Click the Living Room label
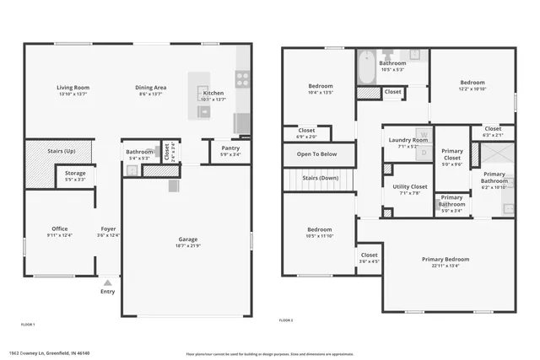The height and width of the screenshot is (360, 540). tap(73, 88)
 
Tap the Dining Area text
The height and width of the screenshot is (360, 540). tap(151, 88)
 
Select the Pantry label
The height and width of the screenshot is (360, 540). tap(230, 148)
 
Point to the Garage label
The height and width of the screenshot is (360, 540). tap(187, 239)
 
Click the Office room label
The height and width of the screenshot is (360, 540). tap(59, 228)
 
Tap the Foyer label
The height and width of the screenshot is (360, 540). tap(109, 228)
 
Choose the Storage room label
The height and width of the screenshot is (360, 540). tap(75, 173)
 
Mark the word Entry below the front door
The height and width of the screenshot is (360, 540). tap(108, 292)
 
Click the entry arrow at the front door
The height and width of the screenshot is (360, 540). tap(108, 282)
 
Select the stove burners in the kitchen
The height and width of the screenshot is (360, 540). tap(242, 78)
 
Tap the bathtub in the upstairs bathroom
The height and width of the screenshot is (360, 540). tap(367, 68)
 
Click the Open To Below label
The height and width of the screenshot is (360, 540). tap(317, 154)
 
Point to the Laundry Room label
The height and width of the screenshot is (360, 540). tap(408, 140)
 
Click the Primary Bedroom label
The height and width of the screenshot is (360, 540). tap(445, 259)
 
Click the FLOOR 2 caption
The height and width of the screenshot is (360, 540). tap(286, 320)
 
